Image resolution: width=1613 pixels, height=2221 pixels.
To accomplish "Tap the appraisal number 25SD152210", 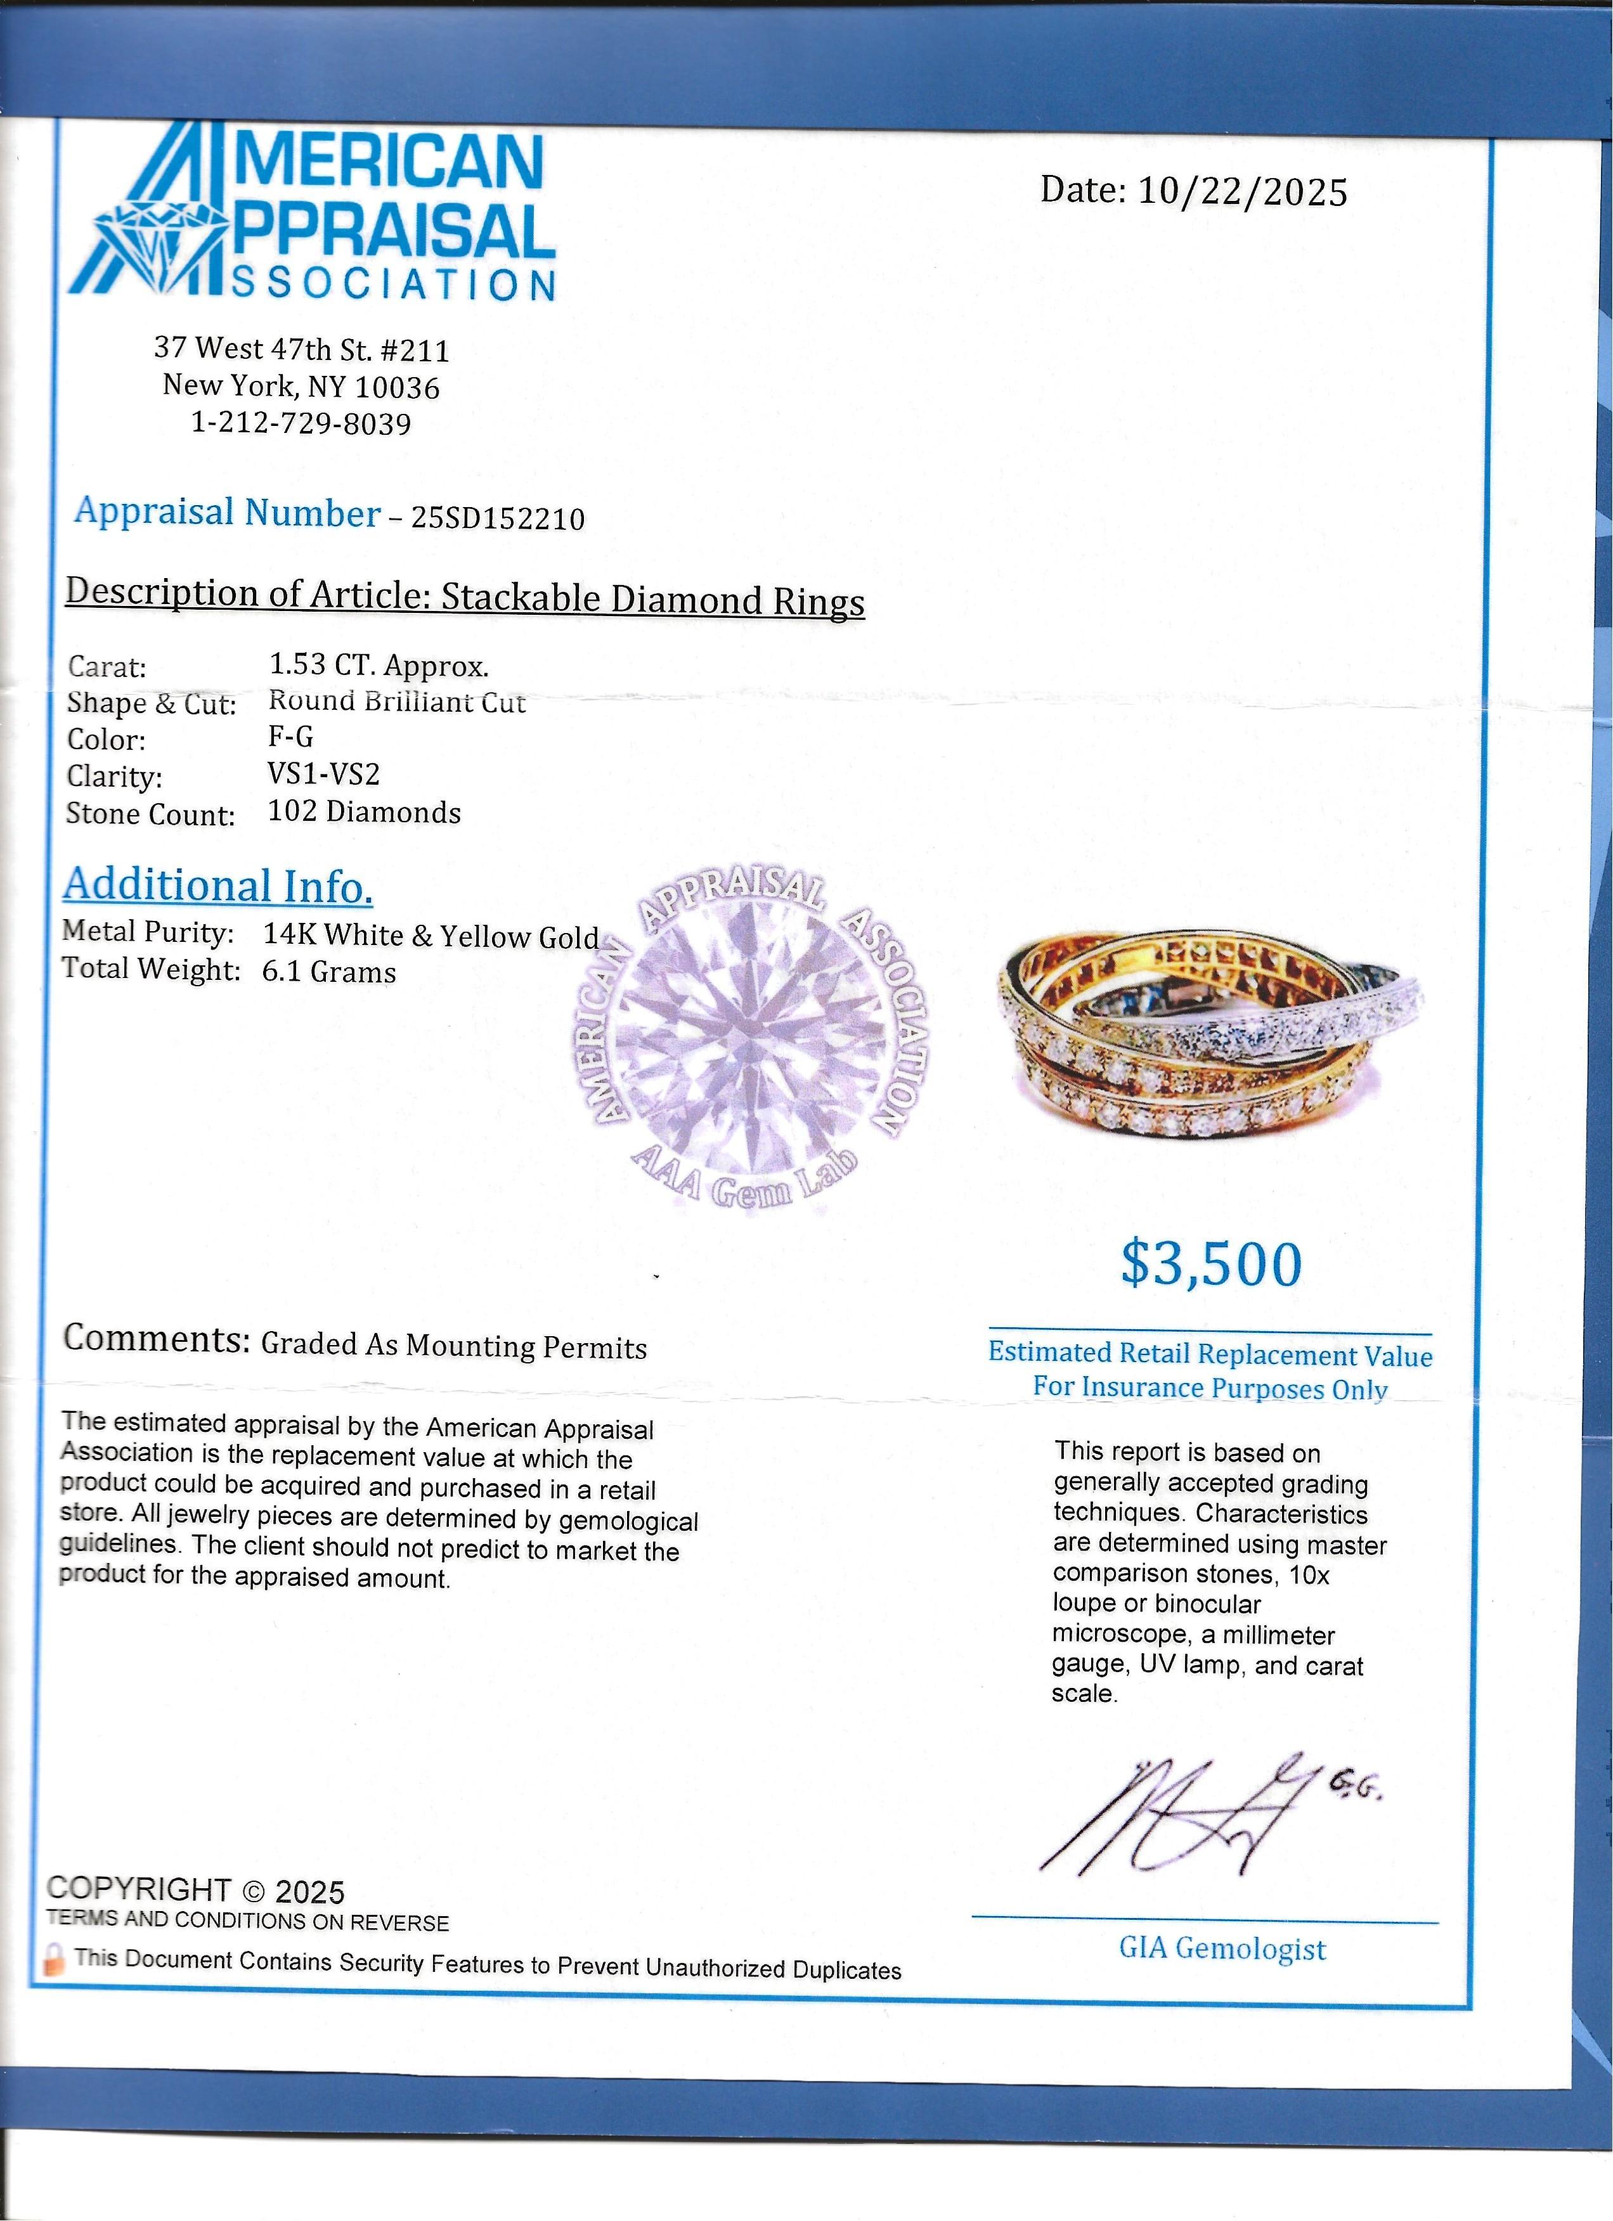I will (x=498, y=518).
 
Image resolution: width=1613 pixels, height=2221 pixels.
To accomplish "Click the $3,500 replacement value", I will (x=1212, y=1265).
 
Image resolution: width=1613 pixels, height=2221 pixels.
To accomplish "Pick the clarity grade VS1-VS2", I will (x=324, y=775).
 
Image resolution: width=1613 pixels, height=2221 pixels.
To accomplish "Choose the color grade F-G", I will (x=291, y=737).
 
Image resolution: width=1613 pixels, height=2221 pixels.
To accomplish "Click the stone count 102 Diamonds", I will (x=365, y=813).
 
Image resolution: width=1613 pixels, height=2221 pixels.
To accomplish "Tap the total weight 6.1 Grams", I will (x=329, y=972).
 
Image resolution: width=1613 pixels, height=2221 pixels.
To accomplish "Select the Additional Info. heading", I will (x=218, y=886).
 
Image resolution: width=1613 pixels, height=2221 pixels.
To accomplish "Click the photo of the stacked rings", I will (x=1212, y=1036).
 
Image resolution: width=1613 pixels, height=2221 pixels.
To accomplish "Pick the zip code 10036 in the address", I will (x=397, y=388).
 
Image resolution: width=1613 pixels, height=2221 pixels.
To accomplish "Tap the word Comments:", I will (x=157, y=1339).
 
